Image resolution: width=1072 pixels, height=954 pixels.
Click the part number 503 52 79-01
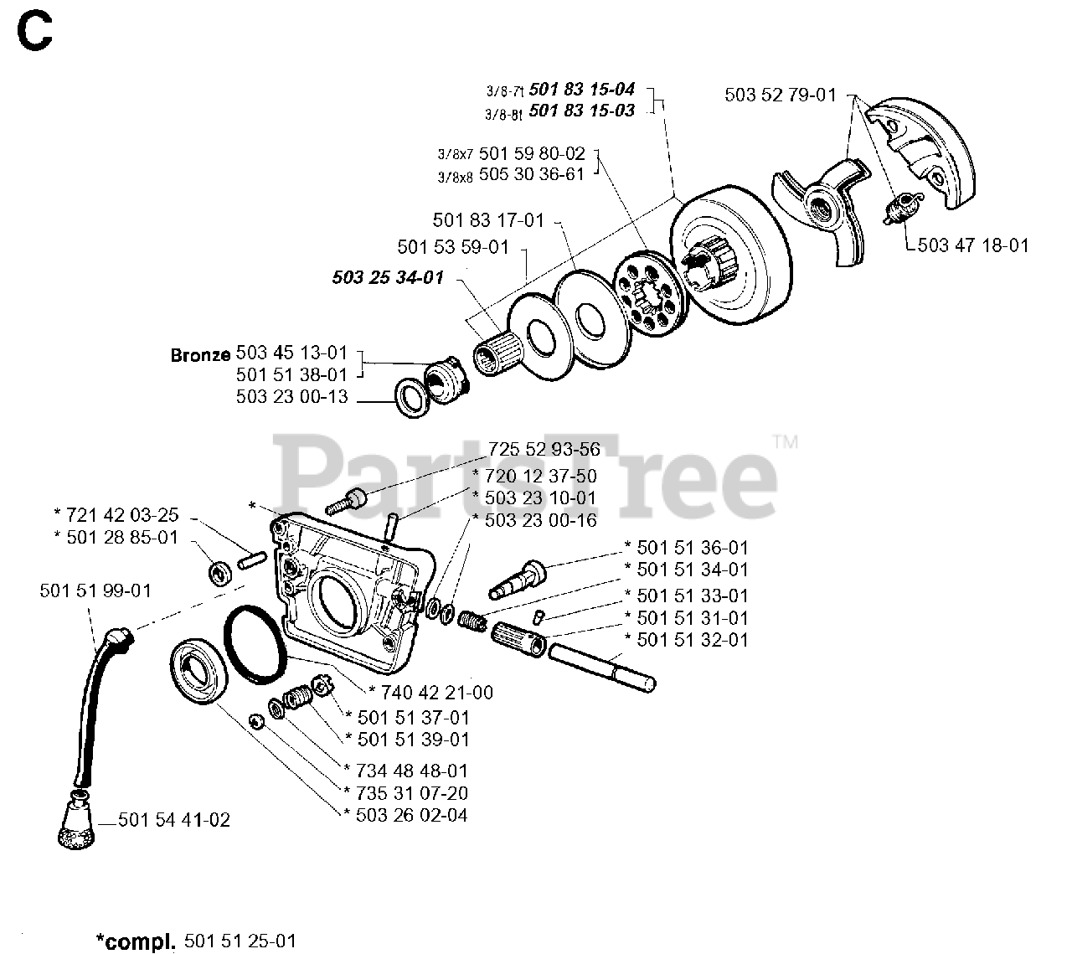click(780, 95)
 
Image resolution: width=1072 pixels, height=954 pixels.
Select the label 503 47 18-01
click(973, 245)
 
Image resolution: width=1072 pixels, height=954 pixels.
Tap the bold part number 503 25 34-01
click(387, 277)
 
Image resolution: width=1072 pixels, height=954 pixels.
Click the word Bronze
click(200, 354)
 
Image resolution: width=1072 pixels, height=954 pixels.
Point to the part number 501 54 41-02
click(173, 821)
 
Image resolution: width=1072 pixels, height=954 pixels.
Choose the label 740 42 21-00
click(436, 692)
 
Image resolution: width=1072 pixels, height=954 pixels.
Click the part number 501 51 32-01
click(692, 640)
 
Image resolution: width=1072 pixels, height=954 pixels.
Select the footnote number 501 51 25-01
click(238, 941)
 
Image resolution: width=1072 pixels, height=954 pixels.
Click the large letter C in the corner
click(34, 33)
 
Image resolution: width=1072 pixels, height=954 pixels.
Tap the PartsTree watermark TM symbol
click(785, 441)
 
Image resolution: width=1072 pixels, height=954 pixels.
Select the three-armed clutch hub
click(822, 206)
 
